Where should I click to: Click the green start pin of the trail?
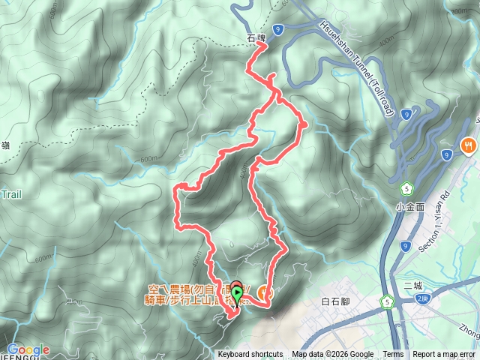(x=237, y=295)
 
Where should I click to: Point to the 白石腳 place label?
(x=335, y=301)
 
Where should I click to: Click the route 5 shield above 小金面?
(x=406, y=187)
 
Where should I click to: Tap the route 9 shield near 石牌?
(x=278, y=28)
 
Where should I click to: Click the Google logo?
(x=28, y=349)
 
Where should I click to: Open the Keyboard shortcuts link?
(x=251, y=355)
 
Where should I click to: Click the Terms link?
(x=392, y=355)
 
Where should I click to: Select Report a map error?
(x=445, y=355)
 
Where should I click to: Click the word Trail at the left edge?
(x=10, y=194)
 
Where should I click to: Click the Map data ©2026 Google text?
(x=333, y=355)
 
